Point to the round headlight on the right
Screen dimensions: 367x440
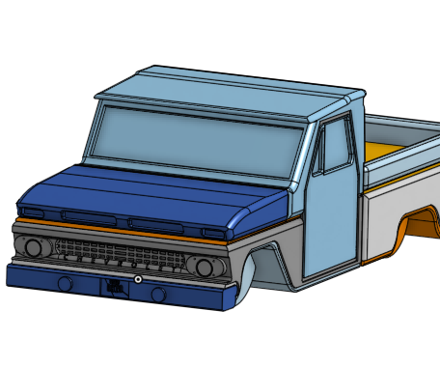pyautogui.click(x=205, y=267)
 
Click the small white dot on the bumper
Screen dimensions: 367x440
pyautogui.click(x=139, y=279)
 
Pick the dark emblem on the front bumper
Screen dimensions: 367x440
pyautogui.click(x=116, y=286)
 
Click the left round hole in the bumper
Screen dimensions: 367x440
pyautogui.click(x=66, y=284)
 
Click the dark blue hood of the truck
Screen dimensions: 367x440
pyautogui.click(x=145, y=193)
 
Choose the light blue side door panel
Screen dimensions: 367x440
pyautogui.click(x=328, y=222)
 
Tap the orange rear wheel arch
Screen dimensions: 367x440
pyautogui.click(x=423, y=224)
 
